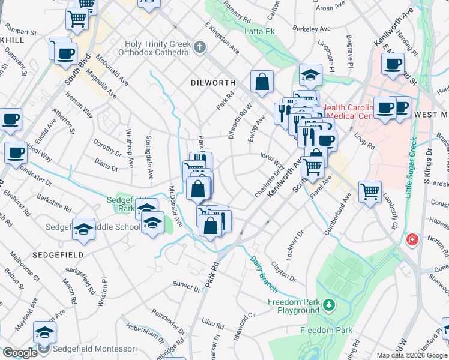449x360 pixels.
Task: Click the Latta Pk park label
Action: coord(259,30)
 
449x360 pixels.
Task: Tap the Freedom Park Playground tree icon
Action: coord(328,306)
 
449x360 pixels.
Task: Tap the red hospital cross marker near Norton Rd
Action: coord(412,240)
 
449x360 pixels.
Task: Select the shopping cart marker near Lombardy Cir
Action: coord(370,191)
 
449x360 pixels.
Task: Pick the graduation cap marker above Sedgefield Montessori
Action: coord(44,332)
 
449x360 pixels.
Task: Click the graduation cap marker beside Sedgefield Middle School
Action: coord(83,229)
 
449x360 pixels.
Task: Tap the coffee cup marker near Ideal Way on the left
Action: coord(16,152)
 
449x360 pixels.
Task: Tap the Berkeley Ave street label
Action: coord(312,29)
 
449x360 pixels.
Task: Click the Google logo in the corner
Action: coord(20,353)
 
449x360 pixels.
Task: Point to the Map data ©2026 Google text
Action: coord(412,355)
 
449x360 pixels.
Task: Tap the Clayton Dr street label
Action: coord(283,271)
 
